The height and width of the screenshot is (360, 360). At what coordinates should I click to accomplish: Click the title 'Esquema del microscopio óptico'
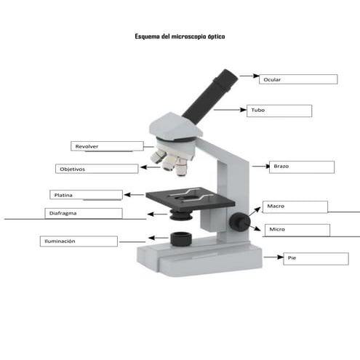point(180,36)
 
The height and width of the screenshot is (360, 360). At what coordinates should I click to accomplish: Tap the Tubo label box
point(279,111)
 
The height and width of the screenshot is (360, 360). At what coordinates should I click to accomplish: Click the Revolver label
point(101,146)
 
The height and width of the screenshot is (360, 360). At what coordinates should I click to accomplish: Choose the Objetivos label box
point(96,169)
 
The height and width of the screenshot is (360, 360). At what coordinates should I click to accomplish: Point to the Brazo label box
point(301,167)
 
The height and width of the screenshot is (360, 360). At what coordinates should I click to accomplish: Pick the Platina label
point(86,195)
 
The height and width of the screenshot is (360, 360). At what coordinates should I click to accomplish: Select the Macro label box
point(295,207)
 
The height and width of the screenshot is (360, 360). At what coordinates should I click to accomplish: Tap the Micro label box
point(296,230)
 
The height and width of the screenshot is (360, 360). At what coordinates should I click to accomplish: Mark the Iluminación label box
point(77,241)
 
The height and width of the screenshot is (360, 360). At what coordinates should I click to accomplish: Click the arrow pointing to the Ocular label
point(249,75)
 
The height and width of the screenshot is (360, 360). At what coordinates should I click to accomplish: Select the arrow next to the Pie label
point(272,257)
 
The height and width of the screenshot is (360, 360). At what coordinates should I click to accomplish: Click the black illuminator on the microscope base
point(180,239)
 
